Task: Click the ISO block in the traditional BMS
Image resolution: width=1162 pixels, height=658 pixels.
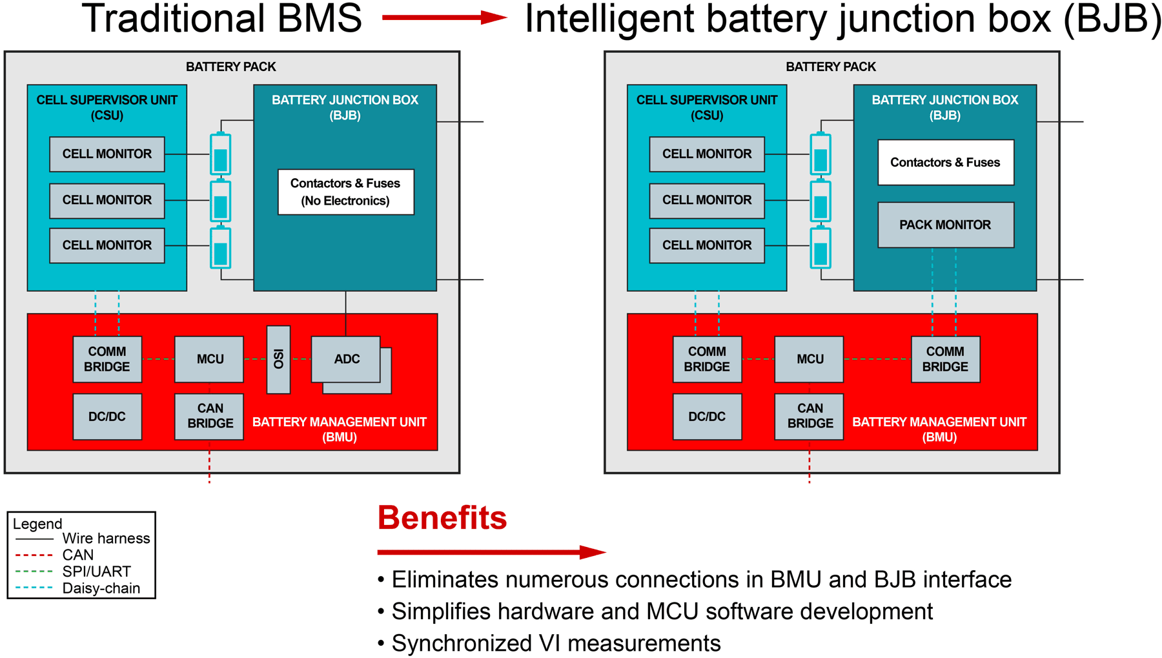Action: (x=278, y=359)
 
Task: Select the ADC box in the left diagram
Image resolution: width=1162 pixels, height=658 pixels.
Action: (x=346, y=359)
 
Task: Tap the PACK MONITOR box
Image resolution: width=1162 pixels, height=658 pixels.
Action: (x=945, y=225)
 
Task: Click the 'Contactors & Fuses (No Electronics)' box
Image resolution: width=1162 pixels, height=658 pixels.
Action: (x=345, y=192)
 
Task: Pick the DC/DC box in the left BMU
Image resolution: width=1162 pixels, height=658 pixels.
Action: (x=107, y=416)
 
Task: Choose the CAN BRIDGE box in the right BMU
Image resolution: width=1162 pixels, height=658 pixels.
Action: (x=810, y=416)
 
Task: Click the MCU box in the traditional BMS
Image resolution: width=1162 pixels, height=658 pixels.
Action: (x=210, y=359)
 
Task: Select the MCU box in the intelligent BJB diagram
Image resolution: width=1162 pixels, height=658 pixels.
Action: (x=810, y=359)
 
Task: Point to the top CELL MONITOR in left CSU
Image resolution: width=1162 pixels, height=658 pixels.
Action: (x=107, y=154)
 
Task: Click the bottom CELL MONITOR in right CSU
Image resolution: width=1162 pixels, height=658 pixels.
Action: (x=707, y=245)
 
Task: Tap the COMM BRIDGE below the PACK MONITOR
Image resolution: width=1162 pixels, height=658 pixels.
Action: (x=945, y=359)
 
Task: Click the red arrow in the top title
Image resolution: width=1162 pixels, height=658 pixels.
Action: (x=444, y=17)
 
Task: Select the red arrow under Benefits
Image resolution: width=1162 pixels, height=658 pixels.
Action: (x=491, y=552)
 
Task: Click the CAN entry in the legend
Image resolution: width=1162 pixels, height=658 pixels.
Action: (x=77, y=555)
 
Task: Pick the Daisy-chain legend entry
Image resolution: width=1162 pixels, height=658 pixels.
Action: (x=101, y=588)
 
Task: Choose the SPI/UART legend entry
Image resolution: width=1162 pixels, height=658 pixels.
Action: (x=96, y=571)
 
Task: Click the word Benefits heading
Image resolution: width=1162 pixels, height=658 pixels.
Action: (x=442, y=518)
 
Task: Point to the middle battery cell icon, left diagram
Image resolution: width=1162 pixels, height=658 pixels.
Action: (x=221, y=201)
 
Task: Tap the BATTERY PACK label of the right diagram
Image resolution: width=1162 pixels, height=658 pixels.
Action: (x=831, y=67)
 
